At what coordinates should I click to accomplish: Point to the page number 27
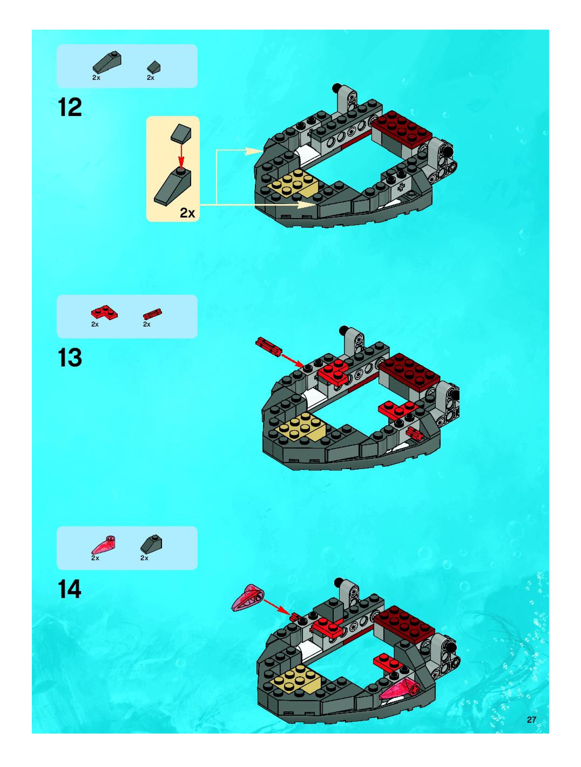[x=531, y=720]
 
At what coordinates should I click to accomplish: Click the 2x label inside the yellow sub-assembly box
[x=187, y=213]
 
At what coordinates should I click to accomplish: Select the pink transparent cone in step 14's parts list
[x=103, y=545]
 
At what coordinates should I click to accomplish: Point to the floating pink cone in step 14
[x=247, y=598]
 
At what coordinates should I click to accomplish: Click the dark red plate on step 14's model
[x=404, y=623]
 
